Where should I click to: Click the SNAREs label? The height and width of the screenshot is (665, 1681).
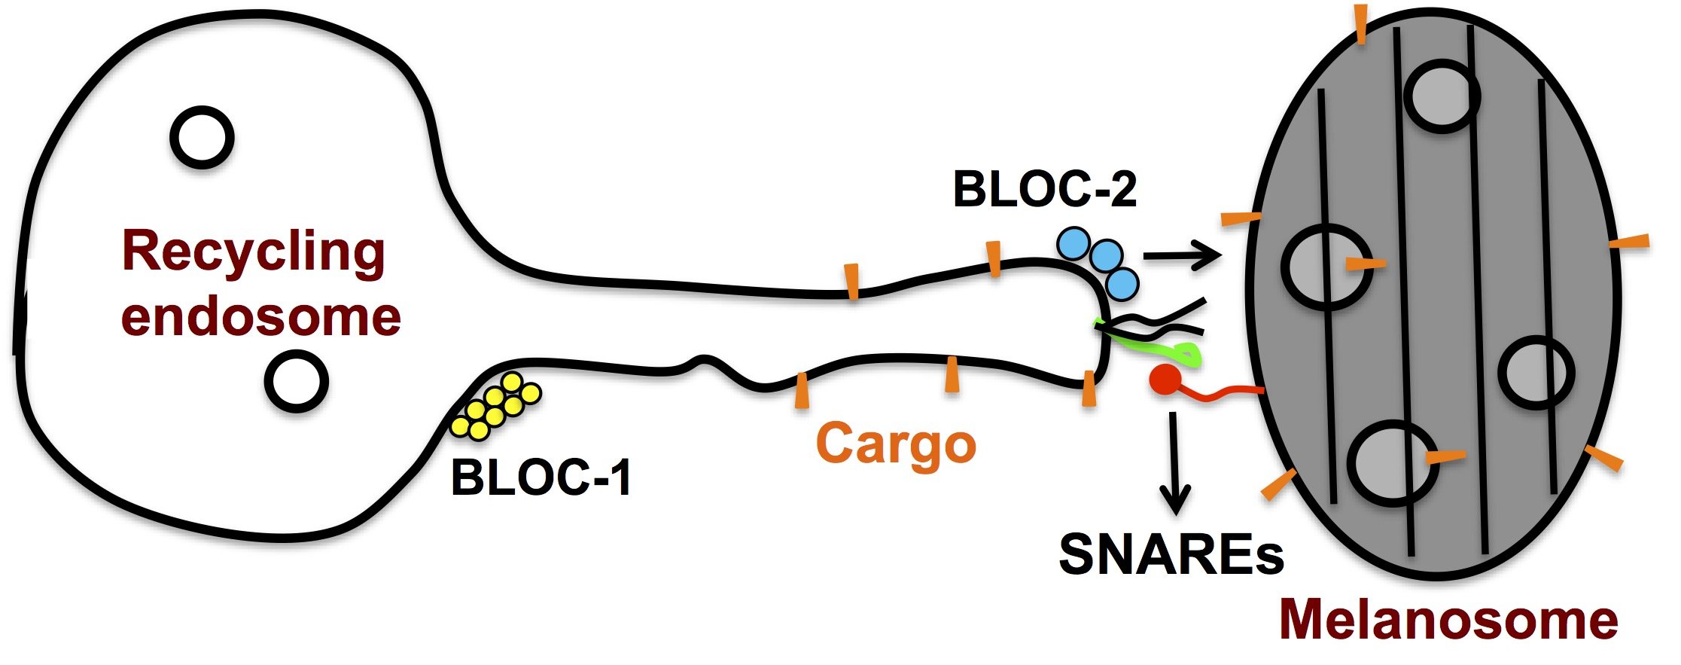(1171, 555)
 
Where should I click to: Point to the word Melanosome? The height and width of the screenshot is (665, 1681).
(1448, 619)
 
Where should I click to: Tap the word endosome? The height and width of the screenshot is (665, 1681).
(260, 316)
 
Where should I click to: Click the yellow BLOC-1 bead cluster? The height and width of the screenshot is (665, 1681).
(495, 407)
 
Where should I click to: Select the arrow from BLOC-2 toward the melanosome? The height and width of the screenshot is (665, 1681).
(1181, 256)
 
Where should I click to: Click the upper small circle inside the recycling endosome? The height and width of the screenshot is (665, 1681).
(203, 137)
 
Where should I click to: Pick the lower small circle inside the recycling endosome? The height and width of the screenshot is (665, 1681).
(297, 381)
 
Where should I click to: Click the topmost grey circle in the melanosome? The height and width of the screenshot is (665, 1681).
(1442, 96)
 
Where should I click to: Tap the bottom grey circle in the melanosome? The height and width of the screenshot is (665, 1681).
(1393, 463)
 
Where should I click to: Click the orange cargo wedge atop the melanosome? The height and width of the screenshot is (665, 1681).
(1361, 24)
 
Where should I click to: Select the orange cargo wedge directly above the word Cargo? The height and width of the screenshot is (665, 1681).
(952, 374)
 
